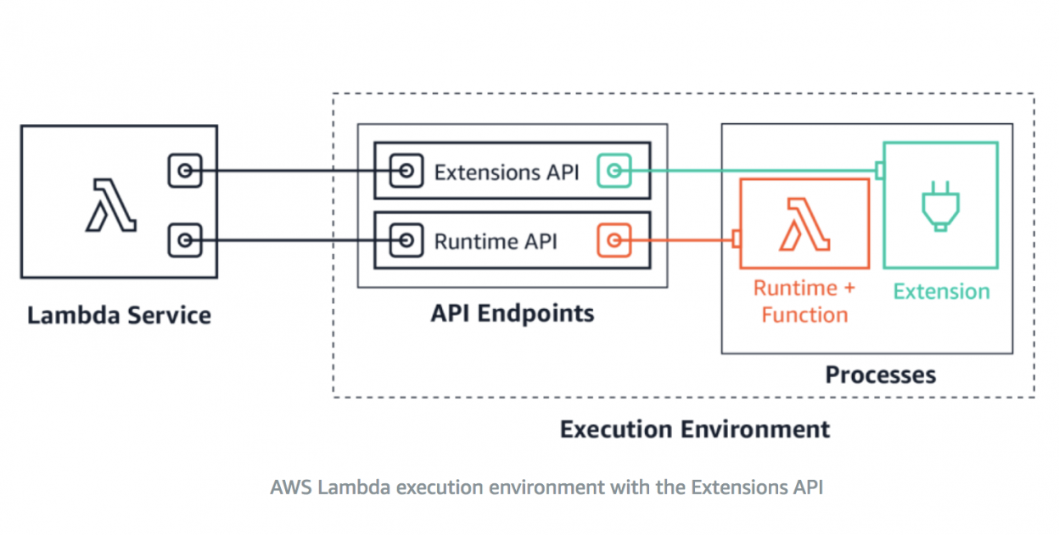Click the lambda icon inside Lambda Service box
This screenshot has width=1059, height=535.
111,205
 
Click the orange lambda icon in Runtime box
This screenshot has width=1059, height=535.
804,224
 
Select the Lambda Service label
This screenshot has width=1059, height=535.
119,316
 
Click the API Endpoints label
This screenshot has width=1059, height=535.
512,313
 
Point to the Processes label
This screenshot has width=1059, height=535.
880,374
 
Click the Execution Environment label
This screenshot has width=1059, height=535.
694,429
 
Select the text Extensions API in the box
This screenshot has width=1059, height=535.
506,172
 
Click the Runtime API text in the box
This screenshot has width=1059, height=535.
495,241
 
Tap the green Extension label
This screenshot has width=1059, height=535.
941,291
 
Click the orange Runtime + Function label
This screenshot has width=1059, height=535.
804,301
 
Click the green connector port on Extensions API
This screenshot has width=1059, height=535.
614,172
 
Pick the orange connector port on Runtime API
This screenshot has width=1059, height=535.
614,241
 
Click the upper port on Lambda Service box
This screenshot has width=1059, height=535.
185,172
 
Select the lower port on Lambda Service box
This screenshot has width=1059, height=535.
185,240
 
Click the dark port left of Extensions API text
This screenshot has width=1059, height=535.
406,172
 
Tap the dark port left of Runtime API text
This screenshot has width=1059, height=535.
406,241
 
